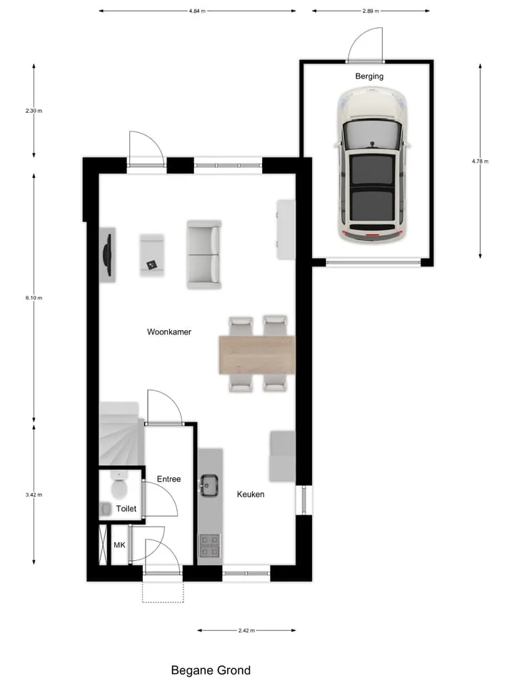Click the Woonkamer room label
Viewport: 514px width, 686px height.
coord(169,332)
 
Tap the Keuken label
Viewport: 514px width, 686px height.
coord(251,494)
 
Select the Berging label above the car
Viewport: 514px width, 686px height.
coord(369,76)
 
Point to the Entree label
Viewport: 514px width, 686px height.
coord(168,479)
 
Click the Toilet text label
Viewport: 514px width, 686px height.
coord(126,509)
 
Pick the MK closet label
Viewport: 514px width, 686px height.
coord(120,545)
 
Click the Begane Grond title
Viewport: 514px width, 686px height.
coord(211,670)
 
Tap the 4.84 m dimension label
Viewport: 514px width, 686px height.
coord(197,11)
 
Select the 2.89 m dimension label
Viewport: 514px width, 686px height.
coord(371,11)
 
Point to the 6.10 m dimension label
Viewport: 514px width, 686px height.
coord(34,298)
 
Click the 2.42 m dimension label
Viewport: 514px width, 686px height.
coord(246,631)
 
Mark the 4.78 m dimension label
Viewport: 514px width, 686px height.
coord(480,161)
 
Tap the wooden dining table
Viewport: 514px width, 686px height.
coord(256,354)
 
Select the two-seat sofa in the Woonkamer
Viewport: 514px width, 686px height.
coord(204,254)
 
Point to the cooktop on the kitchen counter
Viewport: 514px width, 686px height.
coord(209,545)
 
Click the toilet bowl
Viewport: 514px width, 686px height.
coord(119,489)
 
